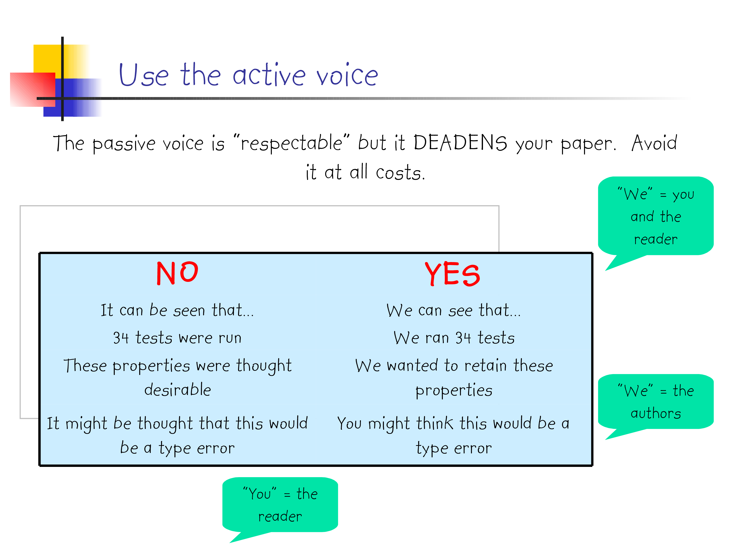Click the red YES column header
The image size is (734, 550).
point(452,274)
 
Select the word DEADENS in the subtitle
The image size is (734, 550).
point(460,143)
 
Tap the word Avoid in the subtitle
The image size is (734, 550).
point(654,143)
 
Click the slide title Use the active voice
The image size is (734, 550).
point(248,74)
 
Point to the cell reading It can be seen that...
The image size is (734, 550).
point(177,310)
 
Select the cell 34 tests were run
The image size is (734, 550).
point(177,338)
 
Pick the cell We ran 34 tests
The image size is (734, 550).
point(454,338)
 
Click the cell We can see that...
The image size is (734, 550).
point(454,310)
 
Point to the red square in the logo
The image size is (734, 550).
point(33,89)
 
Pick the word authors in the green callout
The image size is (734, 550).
point(656,413)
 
